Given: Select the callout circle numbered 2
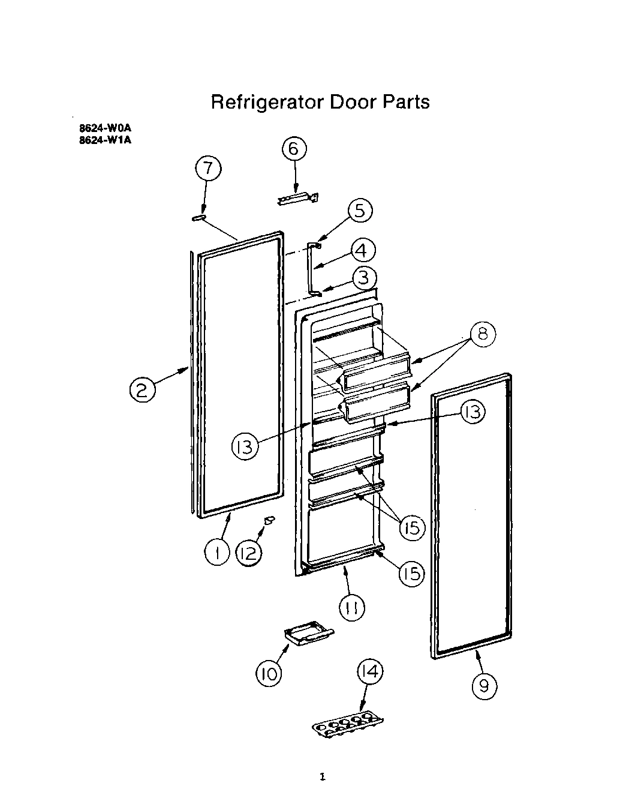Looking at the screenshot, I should point(143,391).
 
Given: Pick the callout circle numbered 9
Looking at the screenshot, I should point(484,685).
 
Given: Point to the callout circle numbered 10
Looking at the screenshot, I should point(269,674).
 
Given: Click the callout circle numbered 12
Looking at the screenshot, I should point(248,553).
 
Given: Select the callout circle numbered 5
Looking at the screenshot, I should point(359,211).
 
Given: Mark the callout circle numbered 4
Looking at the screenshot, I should point(363,250).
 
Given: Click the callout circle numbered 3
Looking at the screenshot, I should point(364,278).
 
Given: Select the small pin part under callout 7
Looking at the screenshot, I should point(199,218).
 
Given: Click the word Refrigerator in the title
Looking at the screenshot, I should point(266,102).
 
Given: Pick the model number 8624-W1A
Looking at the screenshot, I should point(105,141).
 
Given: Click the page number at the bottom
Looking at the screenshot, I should point(322,778).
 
